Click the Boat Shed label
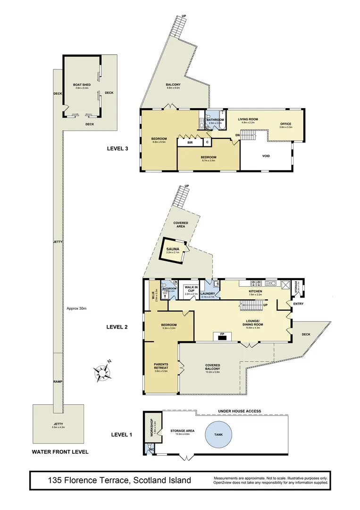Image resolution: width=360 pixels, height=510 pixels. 82,84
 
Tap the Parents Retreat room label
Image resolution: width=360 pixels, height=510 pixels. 162,366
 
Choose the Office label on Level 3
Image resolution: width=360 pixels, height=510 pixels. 286,124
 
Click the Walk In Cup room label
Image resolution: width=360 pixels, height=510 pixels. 190,289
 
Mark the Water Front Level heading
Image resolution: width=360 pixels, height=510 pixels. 60,452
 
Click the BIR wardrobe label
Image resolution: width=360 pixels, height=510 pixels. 189,142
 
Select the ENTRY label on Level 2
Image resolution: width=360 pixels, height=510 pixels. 298,304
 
